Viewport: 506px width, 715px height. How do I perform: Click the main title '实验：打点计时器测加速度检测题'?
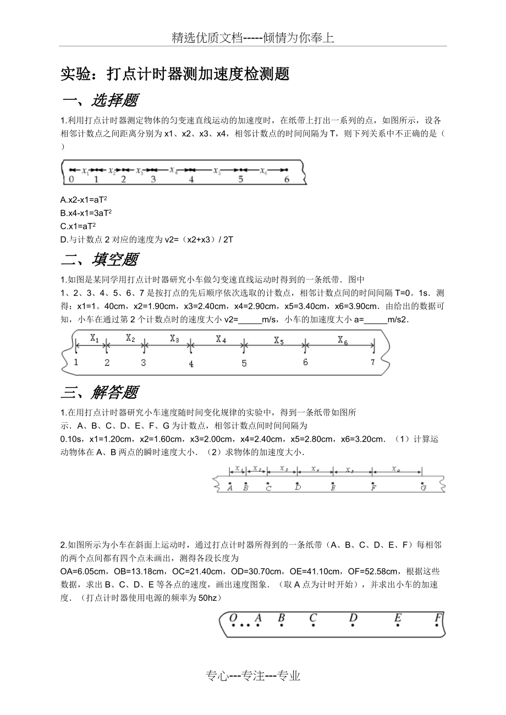(175, 74)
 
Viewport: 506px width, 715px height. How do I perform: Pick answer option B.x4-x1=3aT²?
(87, 213)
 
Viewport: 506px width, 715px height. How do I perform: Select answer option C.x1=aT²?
(79, 226)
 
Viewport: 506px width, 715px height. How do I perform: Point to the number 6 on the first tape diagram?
(287, 179)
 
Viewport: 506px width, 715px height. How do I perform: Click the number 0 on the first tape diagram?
(71, 179)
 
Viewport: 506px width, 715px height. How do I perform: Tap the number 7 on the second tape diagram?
(372, 362)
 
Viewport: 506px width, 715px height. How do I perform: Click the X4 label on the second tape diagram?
(221, 339)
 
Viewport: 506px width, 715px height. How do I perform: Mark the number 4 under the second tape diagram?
(191, 364)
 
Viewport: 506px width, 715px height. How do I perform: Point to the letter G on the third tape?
(423, 488)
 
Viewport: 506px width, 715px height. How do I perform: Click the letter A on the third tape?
(229, 488)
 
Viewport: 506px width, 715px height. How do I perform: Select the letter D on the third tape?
(298, 488)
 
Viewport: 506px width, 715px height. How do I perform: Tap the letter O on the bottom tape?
(233, 618)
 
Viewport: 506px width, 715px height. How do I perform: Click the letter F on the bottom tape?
(438, 618)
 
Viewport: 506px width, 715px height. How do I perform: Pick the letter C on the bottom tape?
(313, 618)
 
